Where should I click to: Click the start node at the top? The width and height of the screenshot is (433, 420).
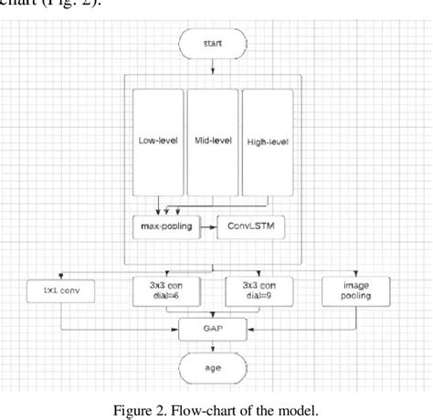213,42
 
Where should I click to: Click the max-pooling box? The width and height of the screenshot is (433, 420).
165,225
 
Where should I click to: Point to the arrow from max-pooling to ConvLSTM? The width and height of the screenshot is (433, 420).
207,225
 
